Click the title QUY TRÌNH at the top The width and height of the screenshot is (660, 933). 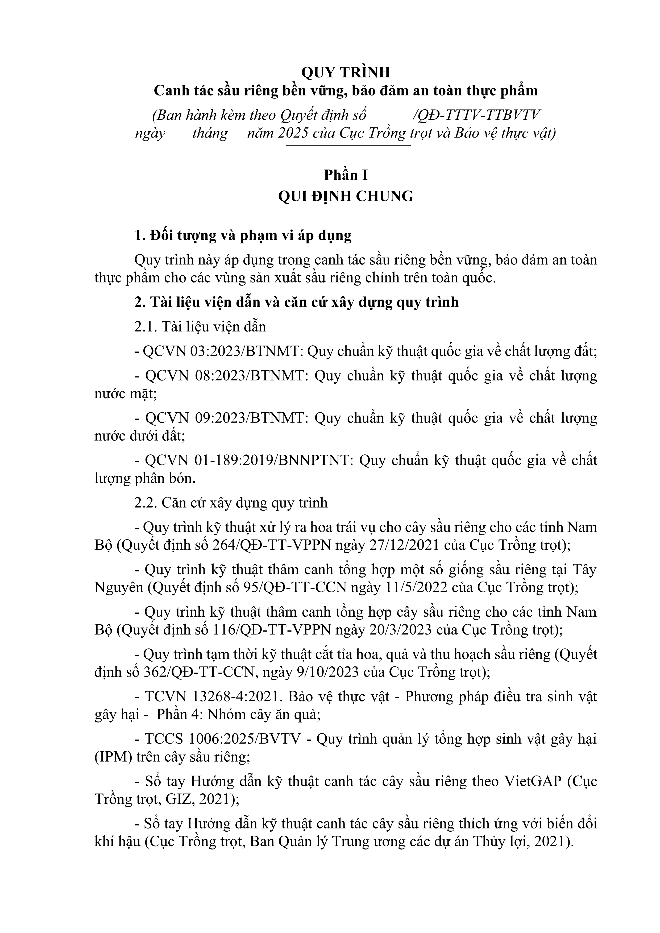pyautogui.click(x=346, y=72)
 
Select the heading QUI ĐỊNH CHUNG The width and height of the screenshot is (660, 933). pyautogui.click(x=346, y=196)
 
